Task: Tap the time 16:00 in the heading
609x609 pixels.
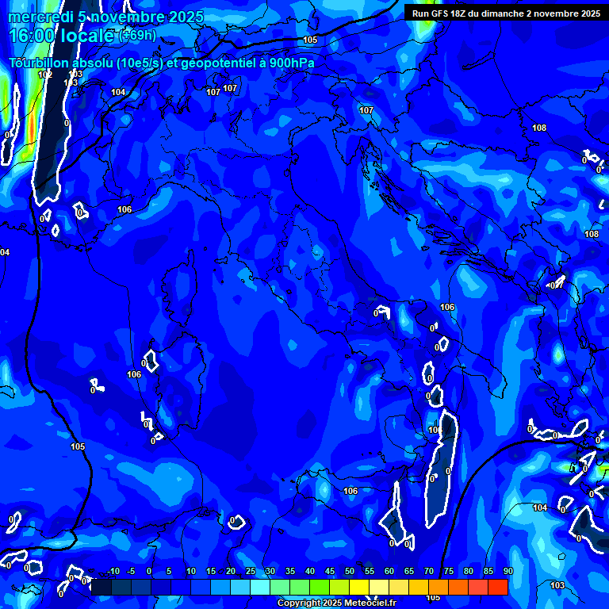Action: click(31, 36)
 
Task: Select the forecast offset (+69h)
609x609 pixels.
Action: click(137, 36)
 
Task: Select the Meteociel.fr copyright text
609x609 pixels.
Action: click(336, 603)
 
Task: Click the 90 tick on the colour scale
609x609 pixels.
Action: click(507, 572)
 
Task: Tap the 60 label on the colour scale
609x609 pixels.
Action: click(389, 572)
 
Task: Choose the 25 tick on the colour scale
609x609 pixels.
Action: click(251, 572)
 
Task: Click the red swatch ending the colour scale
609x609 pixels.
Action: click(498, 587)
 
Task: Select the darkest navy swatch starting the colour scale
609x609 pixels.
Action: click(101, 587)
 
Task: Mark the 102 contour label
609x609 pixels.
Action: click(45, 75)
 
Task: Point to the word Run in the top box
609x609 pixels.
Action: click(420, 13)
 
